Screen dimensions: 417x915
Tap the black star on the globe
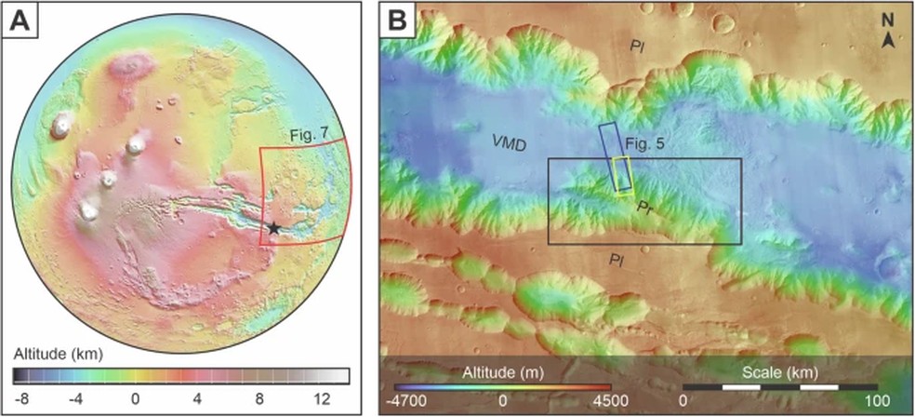tap(273, 226)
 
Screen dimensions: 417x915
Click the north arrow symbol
tap(889, 40)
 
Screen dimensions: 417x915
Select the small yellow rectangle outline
tap(622, 175)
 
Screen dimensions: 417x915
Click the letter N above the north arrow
tap(889, 23)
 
